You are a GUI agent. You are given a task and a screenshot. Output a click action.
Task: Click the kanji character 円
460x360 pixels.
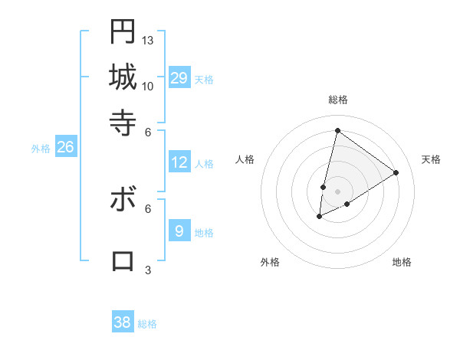(x=123, y=31)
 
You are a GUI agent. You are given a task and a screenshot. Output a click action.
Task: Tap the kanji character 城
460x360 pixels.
(x=123, y=77)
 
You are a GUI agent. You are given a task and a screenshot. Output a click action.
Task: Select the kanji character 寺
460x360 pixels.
(x=123, y=121)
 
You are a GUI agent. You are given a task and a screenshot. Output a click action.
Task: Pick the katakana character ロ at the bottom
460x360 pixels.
(x=123, y=260)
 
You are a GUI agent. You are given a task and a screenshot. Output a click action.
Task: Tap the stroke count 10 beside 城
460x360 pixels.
(x=148, y=86)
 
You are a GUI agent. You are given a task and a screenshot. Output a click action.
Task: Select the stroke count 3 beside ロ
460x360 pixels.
(x=148, y=270)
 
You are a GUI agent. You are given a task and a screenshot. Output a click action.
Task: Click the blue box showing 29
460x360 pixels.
(x=179, y=77)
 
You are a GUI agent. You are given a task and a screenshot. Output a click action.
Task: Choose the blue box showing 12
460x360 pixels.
(x=179, y=162)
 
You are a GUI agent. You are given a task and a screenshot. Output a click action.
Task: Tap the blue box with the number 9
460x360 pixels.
(x=179, y=231)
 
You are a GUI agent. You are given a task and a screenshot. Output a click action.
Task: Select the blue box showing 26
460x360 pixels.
(x=65, y=148)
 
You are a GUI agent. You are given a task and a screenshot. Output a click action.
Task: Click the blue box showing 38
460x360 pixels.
(x=123, y=322)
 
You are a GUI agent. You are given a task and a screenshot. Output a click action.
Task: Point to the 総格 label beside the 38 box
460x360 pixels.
(x=147, y=324)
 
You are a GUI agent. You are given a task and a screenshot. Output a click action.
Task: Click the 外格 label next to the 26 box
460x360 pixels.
(x=40, y=149)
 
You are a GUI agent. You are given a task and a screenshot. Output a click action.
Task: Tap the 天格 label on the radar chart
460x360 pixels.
(x=431, y=159)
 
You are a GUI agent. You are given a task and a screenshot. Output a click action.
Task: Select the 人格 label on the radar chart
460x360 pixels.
(x=245, y=159)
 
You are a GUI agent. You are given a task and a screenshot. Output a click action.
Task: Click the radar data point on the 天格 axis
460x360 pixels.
(x=396, y=172)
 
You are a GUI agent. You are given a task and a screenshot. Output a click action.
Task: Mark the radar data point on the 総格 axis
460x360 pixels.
(x=337, y=130)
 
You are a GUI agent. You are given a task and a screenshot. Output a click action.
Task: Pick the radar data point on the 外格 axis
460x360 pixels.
(x=320, y=217)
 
